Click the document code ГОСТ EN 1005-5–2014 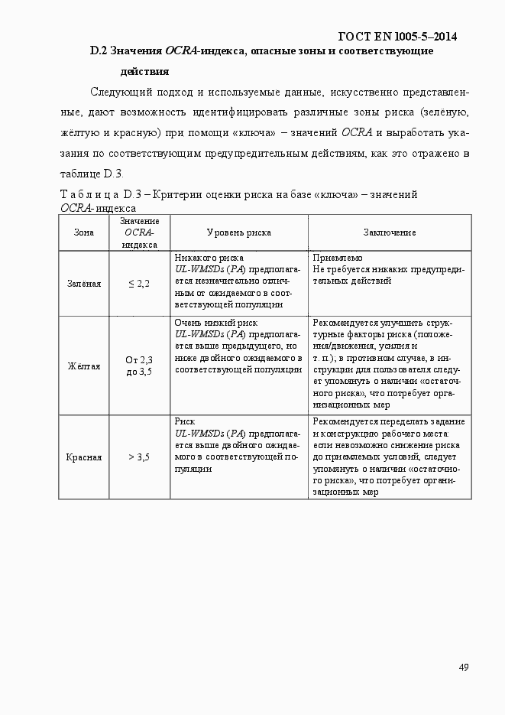pyautogui.click(x=403, y=36)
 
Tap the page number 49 pyautogui.click(x=464, y=667)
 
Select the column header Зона pyautogui.click(x=84, y=232)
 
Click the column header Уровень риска pyautogui.click(x=239, y=232)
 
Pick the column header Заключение pyautogui.click(x=390, y=232)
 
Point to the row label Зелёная pyautogui.click(x=84, y=284)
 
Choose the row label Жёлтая pyautogui.click(x=84, y=366)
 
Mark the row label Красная pyautogui.click(x=84, y=457)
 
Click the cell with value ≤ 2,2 pyautogui.click(x=139, y=284)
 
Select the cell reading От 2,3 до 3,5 pyautogui.click(x=139, y=366)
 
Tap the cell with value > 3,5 pyautogui.click(x=139, y=457)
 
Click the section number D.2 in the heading pyautogui.click(x=98, y=51)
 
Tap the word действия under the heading pyautogui.click(x=144, y=72)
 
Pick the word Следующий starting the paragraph pyautogui.click(x=116, y=93)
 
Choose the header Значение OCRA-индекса pyautogui.click(x=139, y=232)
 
